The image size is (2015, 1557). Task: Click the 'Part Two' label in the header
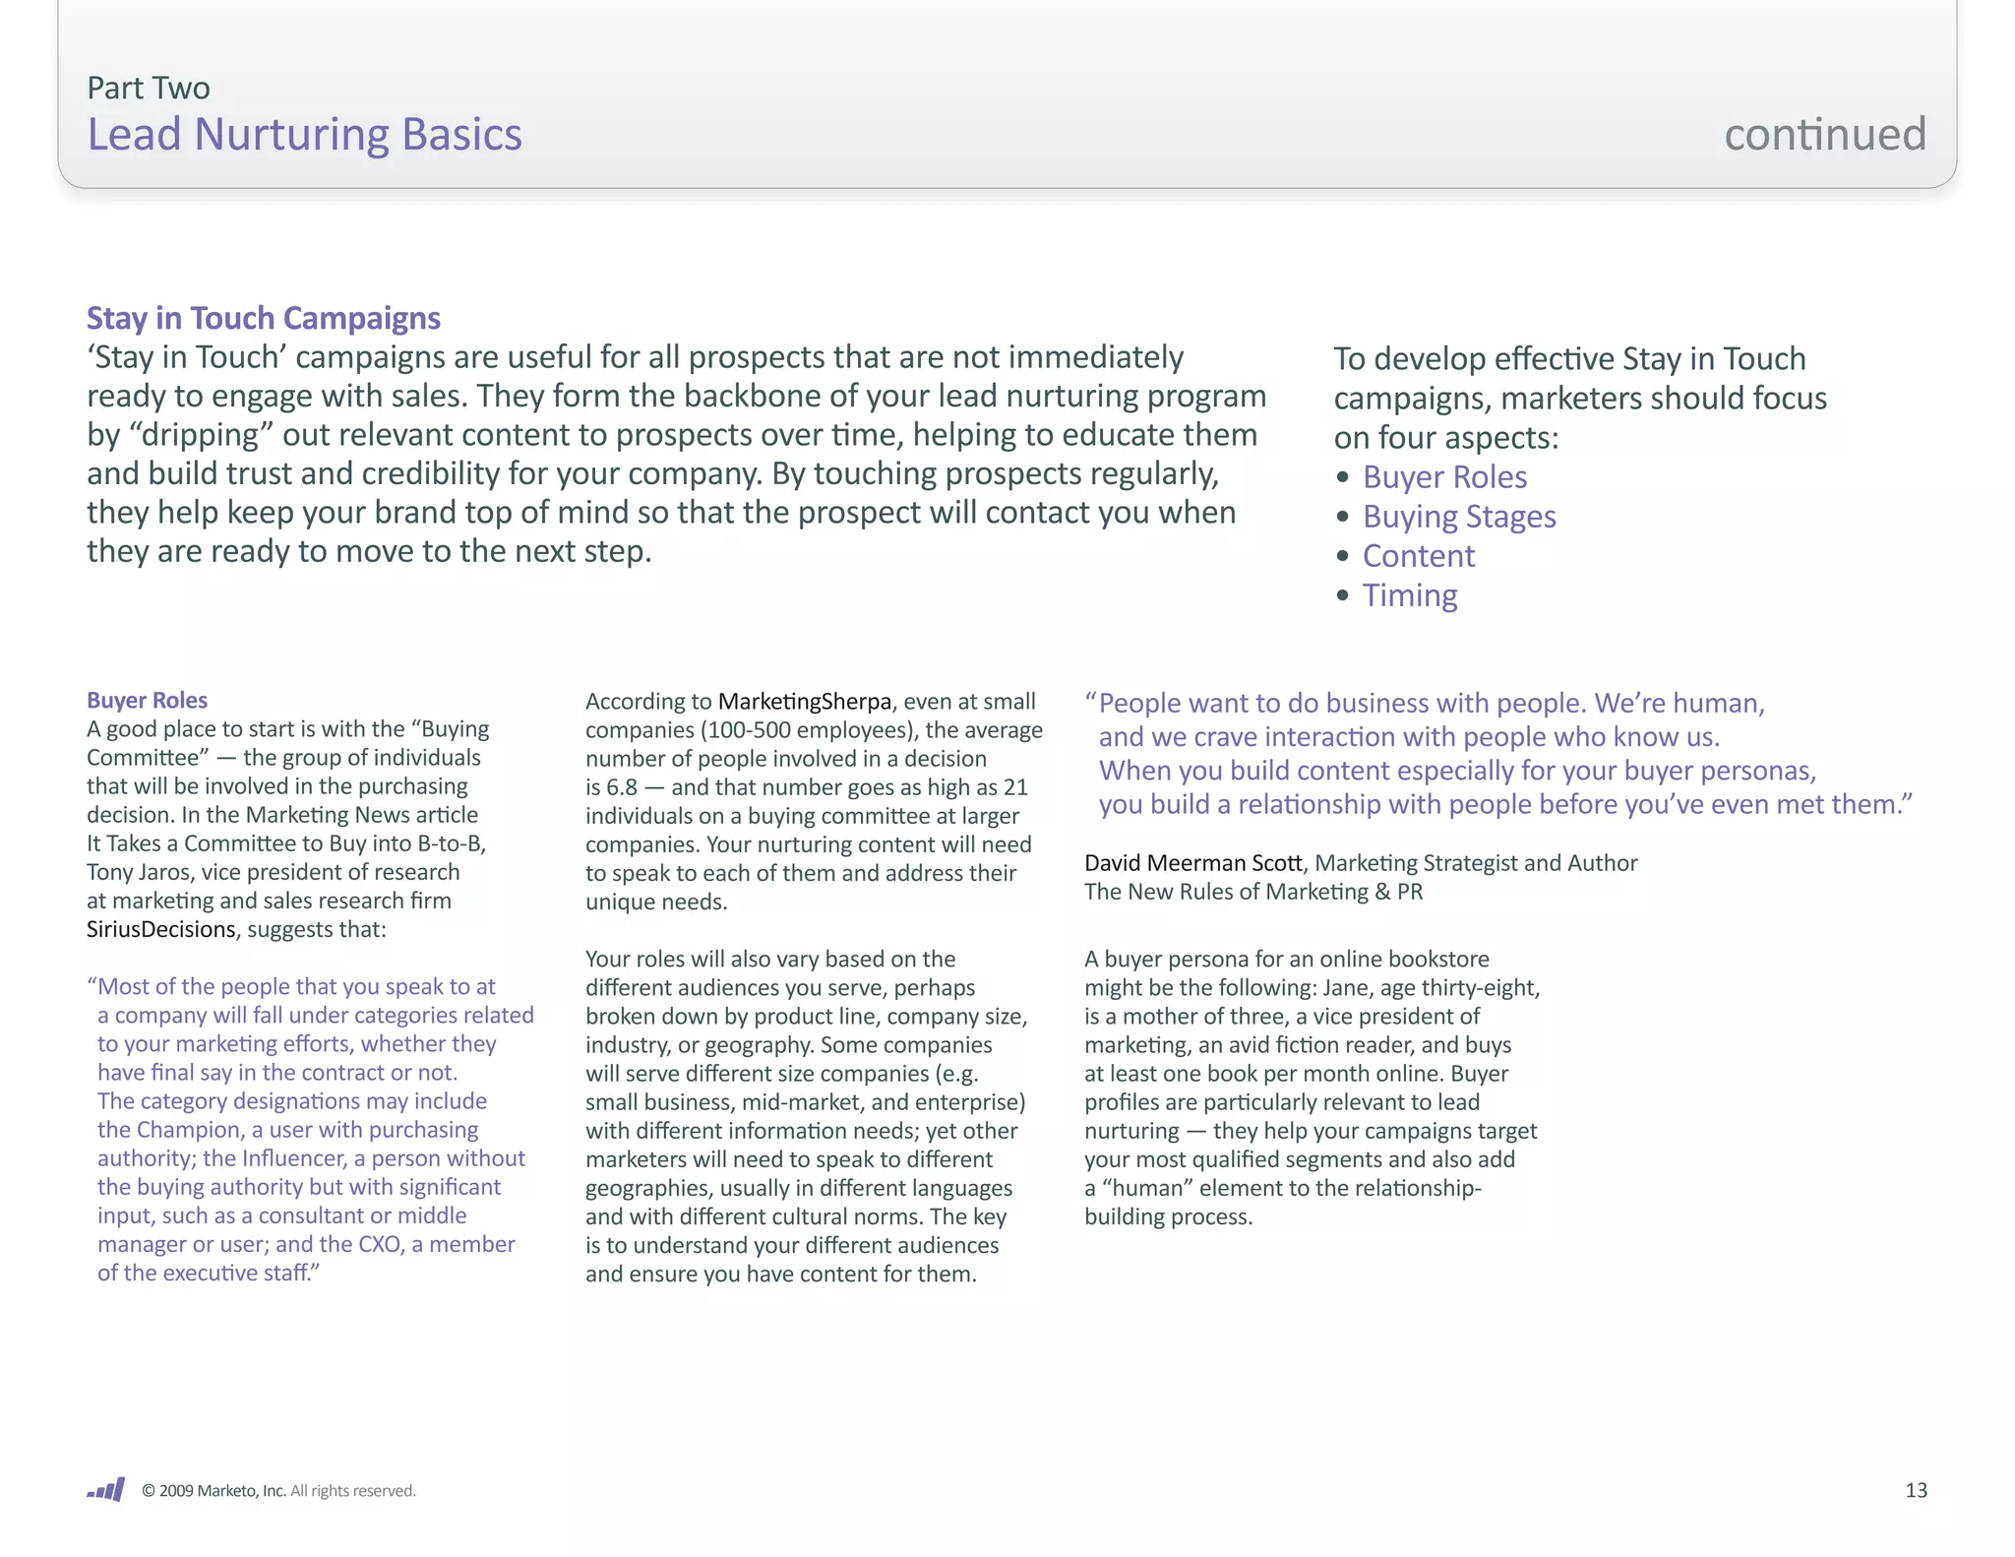[x=148, y=89]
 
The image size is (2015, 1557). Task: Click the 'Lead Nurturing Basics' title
[x=304, y=135]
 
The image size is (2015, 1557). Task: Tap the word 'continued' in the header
[x=1824, y=135]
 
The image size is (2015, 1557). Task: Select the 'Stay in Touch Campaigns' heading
[x=263, y=318]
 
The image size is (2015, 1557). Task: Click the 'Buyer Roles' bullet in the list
[x=1443, y=477]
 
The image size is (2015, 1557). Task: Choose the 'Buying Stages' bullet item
[x=1458, y=517]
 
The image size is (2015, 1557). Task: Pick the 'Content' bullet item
[x=1418, y=556]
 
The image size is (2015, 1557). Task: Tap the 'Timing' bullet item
[x=1409, y=595]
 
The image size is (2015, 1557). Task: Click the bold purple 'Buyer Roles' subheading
[x=147, y=700]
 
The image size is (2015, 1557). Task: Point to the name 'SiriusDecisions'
[x=160, y=929]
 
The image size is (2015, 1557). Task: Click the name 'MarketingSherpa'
[x=804, y=702]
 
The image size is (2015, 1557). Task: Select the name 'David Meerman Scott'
[x=1192, y=863]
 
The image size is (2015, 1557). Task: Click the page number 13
[x=1915, y=1490]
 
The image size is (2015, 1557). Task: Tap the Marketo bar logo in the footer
[x=106, y=1489]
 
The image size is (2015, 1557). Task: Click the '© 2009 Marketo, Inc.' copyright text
[x=214, y=1491]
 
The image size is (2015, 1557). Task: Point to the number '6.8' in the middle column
[x=621, y=787]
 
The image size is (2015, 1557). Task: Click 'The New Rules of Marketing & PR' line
[x=1252, y=892]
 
